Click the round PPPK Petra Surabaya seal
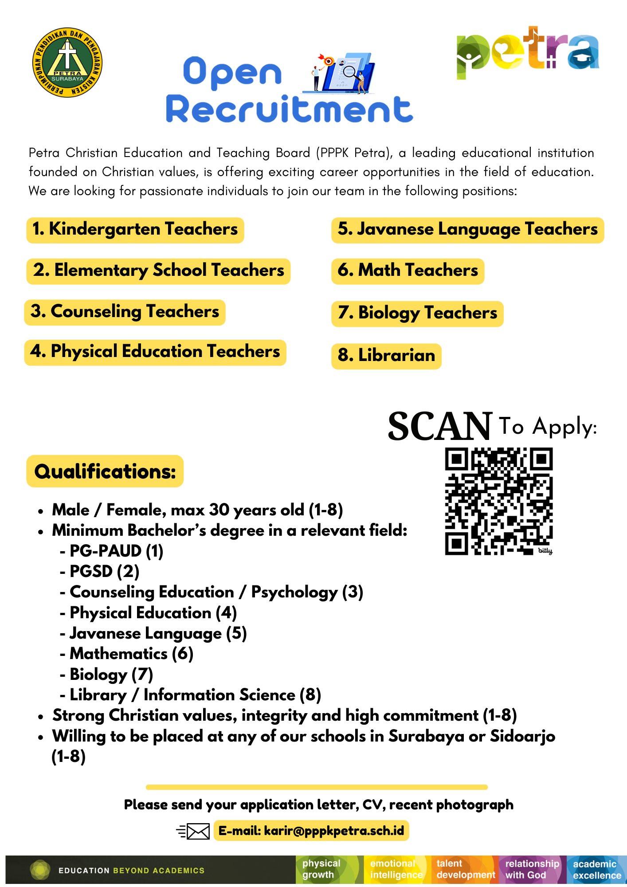67,62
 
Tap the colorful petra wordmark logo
528,51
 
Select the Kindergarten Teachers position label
135,230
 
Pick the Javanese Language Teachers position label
467,230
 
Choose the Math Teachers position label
408,271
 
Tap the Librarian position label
386,356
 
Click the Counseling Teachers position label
125,312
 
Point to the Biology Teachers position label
417,313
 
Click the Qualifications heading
105,471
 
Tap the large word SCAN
439,427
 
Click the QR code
498,501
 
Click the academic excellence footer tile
596,870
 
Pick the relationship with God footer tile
532,869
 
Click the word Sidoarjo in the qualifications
522,737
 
